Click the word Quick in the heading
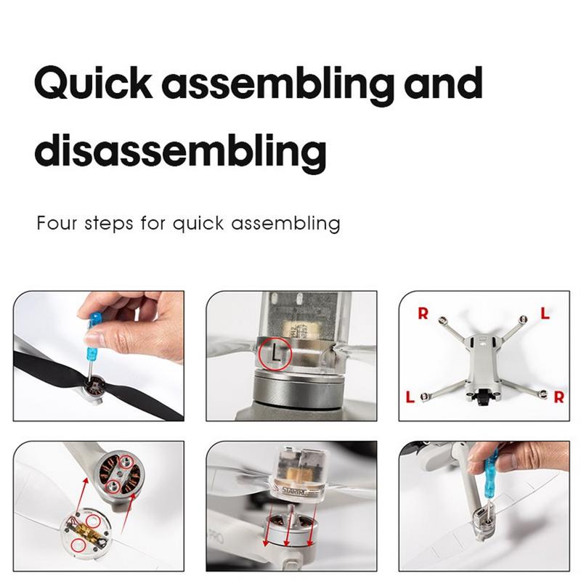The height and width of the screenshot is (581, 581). pos(93,83)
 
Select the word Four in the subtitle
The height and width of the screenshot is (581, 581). pos(57,223)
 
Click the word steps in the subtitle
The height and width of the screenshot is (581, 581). pos(108,224)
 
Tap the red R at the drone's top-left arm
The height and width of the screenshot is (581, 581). pos(423,314)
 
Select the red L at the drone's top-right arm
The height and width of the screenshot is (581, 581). pos(545,314)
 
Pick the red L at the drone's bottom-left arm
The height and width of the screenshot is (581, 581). pos(410,397)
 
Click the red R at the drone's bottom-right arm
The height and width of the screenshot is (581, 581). pos(558,397)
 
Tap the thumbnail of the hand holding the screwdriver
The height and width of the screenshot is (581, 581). pos(99,356)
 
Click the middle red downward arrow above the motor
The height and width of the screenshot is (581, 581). pos(289,525)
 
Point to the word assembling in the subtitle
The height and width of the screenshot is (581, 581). pos(285,224)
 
